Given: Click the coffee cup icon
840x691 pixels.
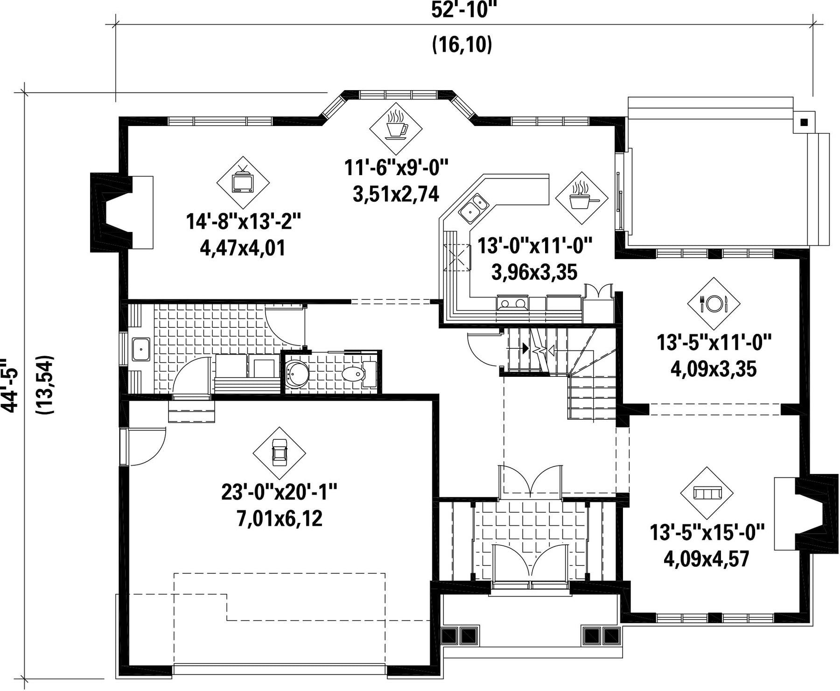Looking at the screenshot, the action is click(x=396, y=128).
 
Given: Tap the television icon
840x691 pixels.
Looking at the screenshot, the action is click(x=243, y=182).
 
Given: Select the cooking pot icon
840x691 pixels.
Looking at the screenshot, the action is click(x=582, y=198).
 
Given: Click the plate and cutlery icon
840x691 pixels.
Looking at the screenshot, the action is click(x=714, y=304).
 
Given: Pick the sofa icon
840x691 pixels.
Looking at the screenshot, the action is click(x=707, y=493).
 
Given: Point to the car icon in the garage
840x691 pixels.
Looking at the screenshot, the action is click(x=279, y=453).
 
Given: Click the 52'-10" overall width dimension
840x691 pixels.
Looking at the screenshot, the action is click(x=462, y=10).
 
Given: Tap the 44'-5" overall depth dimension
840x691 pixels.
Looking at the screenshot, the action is click(x=10, y=385).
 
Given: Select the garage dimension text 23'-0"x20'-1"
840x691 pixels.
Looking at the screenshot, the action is click(x=279, y=492).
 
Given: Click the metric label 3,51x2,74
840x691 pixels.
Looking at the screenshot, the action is click(x=396, y=194).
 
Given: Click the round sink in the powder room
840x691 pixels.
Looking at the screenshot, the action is click(x=296, y=374).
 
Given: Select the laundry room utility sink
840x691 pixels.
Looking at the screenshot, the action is click(x=140, y=349).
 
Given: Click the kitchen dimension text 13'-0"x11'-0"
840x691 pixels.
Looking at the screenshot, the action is click(x=535, y=246).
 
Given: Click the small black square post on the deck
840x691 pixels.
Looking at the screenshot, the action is click(x=804, y=122).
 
